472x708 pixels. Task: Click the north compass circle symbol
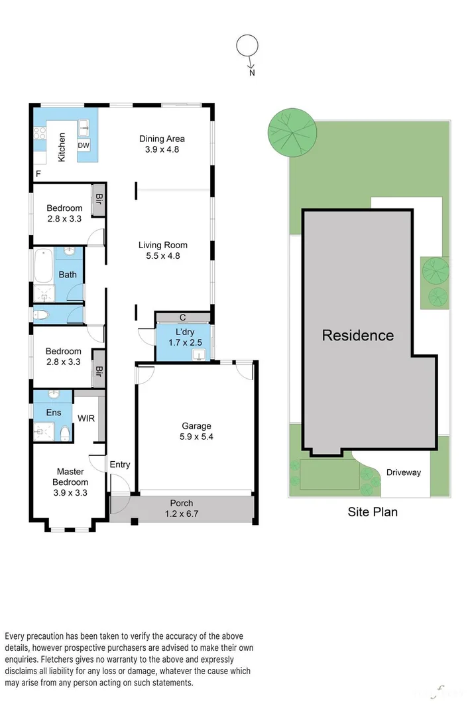[x=247, y=46]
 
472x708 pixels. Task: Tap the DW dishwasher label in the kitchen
[x=84, y=145]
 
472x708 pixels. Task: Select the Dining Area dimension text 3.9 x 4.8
[x=162, y=149]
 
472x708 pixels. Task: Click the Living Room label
[x=162, y=246]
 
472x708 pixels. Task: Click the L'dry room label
[x=184, y=332]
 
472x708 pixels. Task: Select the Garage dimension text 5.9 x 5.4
[x=197, y=437]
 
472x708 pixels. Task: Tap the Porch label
[x=182, y=502]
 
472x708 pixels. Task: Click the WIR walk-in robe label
[x=86, y=419]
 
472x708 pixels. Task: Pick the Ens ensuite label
[x=54, y=413]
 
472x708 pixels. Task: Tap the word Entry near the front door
[x=120, y=464]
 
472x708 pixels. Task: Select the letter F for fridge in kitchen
[x=38, y=174]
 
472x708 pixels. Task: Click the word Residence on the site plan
[x=357, y=335]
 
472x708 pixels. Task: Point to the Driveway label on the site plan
[x=404, y=472]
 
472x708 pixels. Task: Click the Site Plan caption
[x=373, y=512]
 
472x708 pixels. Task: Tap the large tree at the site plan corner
[x=291, y=131]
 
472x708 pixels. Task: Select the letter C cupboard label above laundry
[x=182, y=317]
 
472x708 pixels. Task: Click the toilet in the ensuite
[x=65, y=434]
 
